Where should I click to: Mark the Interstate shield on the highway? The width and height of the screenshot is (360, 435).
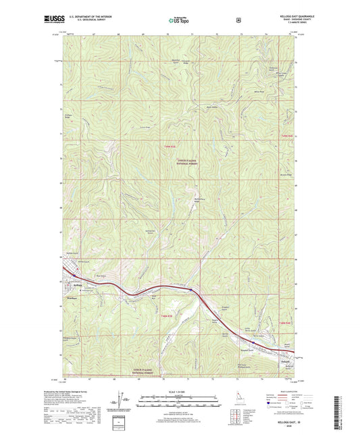coord(192,290)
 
